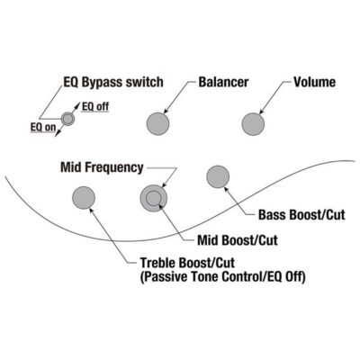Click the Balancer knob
pos(157,124)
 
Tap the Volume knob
pos(253,124)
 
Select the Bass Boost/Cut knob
pos(218,176)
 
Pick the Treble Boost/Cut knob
pos(84,198)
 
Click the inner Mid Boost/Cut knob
pos(153,199)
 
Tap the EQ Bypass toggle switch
pos(67,119)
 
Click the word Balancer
pos(223,82)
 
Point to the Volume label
pos(314,82)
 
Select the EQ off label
pos(95,106)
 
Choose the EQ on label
pos(43,127)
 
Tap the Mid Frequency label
pos(102,167)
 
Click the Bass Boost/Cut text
pos(301,215)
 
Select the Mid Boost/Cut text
pos(238,240)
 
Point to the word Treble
pos(157,263)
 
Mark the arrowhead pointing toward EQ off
pos(77,106)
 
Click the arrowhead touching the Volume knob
pos(261,112)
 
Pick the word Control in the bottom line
pos(242,276)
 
